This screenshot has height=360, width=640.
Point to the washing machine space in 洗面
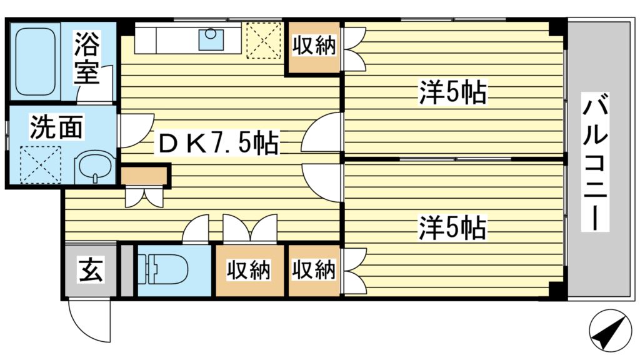40,164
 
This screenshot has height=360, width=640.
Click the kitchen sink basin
211,39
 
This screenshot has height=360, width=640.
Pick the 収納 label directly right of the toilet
248,270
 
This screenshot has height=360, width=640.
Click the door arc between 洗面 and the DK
134,129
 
